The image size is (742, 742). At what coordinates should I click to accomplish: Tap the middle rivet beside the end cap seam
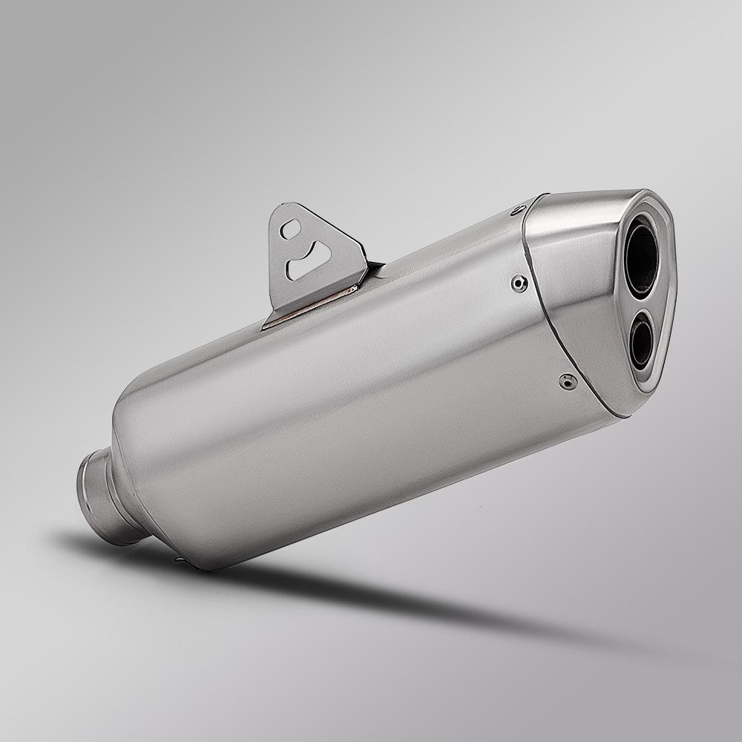pyautogui.click(x=520, y=281)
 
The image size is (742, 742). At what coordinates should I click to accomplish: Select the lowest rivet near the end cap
pyautogui.click(x=568, y=381)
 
